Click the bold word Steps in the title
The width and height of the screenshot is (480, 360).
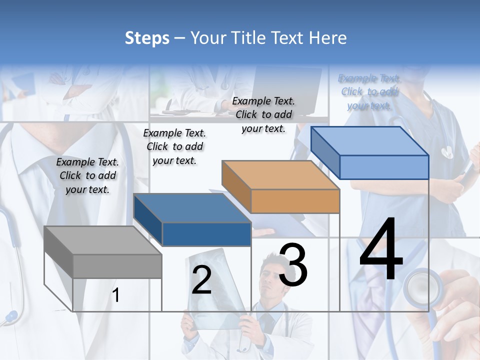click(x=147, y=38)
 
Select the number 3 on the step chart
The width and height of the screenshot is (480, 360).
click(x=293, y=265)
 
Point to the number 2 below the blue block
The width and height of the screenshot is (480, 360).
click(x=201, y=280)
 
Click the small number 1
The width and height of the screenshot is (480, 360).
click(x=115, y=295)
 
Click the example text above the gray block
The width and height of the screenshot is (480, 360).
click(x=87, y=175)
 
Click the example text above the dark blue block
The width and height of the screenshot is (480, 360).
click(x=174, y=146)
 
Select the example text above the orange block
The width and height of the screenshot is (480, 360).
click(x=263, y=114)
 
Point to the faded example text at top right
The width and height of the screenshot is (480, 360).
click(x=369, y=92)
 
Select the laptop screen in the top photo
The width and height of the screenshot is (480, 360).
click(x=287, y=85)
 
